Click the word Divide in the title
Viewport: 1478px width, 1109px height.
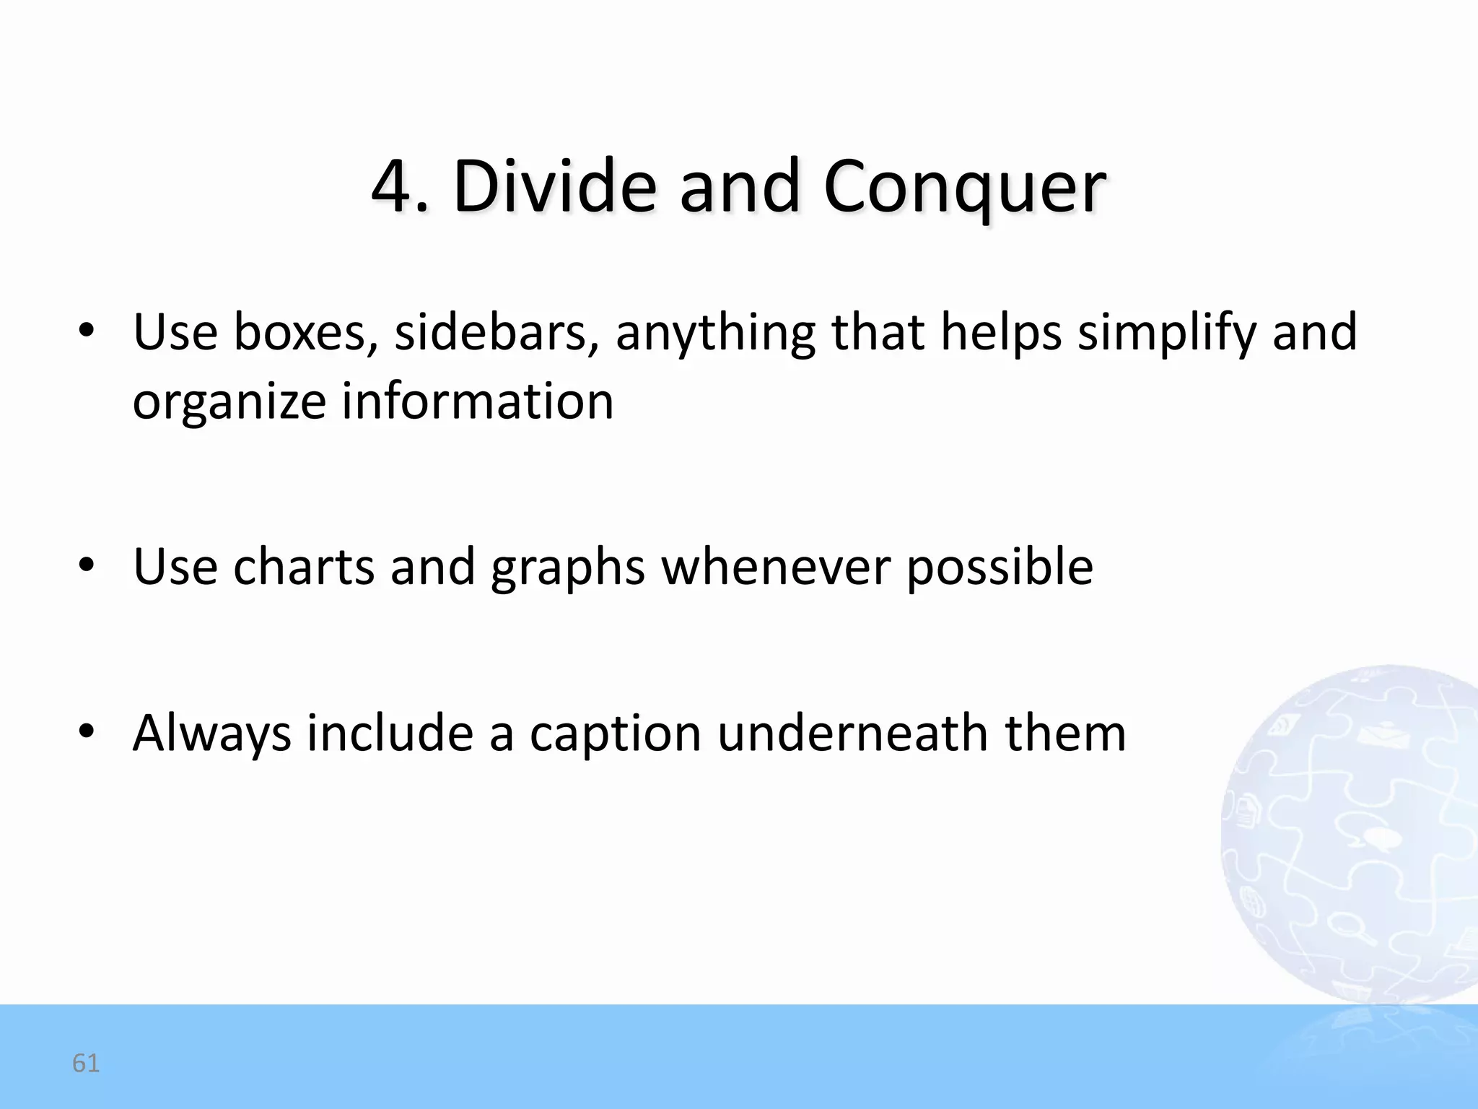coord(554,186)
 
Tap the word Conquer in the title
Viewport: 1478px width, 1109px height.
coord(964,188)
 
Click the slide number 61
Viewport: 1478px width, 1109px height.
coord(86,1063)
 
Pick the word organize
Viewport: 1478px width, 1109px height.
coord(229,403)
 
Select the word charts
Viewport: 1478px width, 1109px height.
coord(304,567)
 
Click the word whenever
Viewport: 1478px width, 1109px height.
coord(776,567)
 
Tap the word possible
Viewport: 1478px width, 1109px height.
coord(1000,568)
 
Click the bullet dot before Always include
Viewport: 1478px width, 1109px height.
coord(87,732)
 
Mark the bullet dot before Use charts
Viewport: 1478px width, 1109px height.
coord(87,565)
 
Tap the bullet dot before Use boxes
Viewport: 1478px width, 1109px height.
coord(87,331)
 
